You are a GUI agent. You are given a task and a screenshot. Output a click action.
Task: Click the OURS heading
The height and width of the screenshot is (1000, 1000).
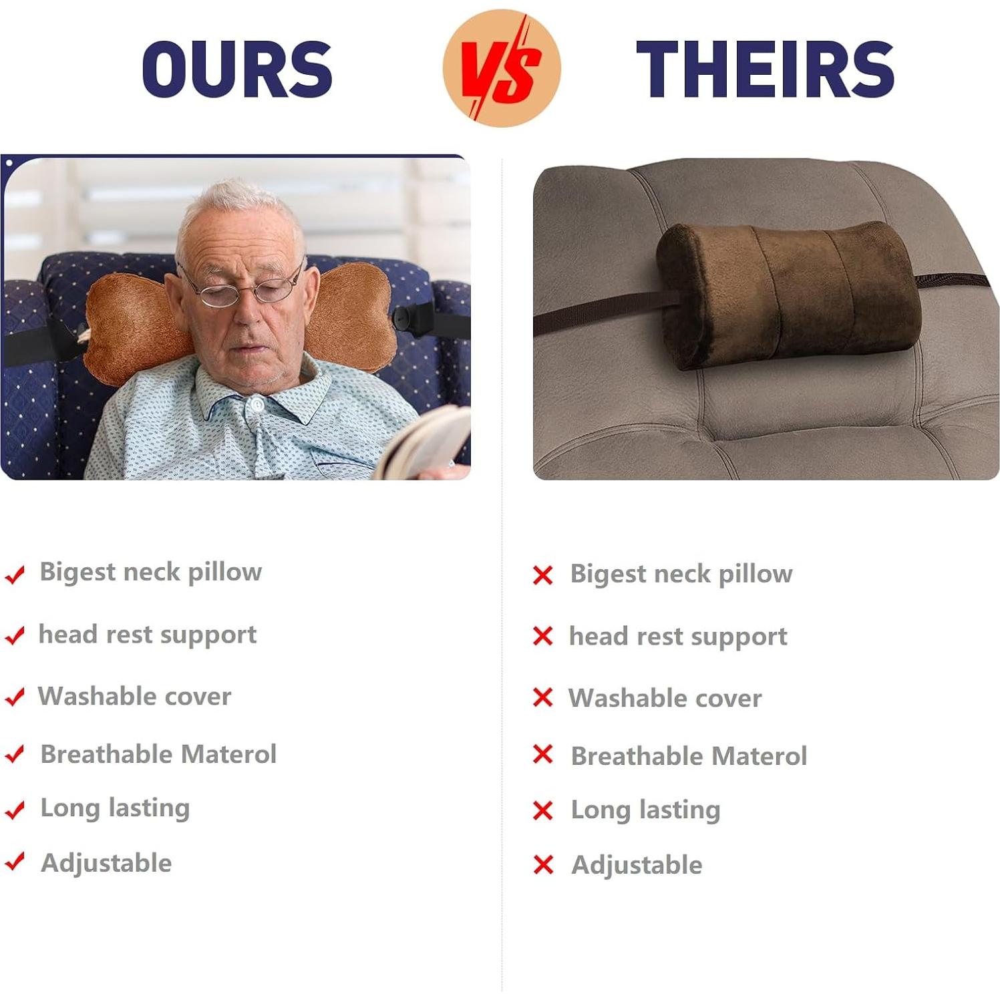237,69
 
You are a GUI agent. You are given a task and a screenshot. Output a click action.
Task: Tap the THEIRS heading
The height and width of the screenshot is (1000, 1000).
766,69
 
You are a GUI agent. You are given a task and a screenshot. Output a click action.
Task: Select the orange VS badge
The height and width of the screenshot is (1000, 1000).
502,68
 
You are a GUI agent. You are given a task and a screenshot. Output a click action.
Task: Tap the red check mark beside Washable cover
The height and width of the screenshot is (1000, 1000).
15,697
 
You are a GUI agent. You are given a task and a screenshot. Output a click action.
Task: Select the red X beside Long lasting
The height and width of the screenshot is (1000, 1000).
543,810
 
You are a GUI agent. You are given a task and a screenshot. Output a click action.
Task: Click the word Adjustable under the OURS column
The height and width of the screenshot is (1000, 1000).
106,863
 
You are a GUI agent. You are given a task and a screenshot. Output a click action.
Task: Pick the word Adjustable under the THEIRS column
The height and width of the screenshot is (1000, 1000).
637,865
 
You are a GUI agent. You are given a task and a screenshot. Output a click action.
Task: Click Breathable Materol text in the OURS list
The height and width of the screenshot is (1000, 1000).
158,754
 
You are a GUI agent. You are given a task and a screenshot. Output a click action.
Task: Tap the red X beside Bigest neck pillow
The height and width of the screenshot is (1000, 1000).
543,574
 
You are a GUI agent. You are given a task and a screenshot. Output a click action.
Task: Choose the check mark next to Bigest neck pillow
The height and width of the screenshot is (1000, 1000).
15,574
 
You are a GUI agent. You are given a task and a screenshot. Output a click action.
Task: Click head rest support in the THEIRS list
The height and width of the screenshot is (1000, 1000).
678,637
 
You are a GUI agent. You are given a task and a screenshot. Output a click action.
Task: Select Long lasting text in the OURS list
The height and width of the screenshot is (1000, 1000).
115,808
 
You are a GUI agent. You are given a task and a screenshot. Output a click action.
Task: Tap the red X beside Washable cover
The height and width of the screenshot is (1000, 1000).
543,697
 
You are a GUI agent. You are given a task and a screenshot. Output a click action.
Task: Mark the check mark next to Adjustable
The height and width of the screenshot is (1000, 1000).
15,862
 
